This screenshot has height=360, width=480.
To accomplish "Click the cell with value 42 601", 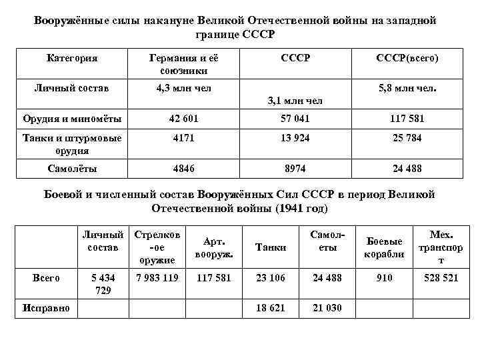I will [x=183, y=119].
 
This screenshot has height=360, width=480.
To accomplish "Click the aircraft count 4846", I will [x=183, y=169].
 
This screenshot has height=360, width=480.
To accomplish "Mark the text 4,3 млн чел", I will [x=183, y=87].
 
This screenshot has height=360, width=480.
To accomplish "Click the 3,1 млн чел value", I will [x=295, y=101].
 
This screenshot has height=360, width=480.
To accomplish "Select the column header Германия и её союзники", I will [x=183, y=64].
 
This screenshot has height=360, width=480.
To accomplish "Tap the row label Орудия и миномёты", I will [x=73, y=119].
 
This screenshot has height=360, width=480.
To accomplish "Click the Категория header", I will [x=73, y=59].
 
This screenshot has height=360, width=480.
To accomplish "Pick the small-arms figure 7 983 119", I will [x=157, y=277].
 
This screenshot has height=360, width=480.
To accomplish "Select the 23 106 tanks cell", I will [x=271, y=277].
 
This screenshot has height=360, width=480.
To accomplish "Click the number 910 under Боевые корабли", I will [x=385, y=277].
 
